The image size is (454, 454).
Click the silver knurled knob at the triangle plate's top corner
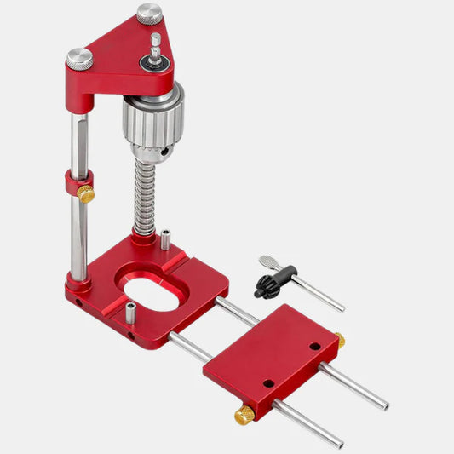pos(149,14)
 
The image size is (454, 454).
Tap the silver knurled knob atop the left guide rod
pos(80,58)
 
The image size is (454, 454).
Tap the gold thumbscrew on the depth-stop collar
pos(86,194)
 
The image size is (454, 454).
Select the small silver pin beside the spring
pos(165,240)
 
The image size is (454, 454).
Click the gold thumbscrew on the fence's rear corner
pos(339,341)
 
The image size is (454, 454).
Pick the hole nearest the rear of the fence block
pos(314,346)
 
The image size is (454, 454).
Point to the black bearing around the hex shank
pos(156,61)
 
